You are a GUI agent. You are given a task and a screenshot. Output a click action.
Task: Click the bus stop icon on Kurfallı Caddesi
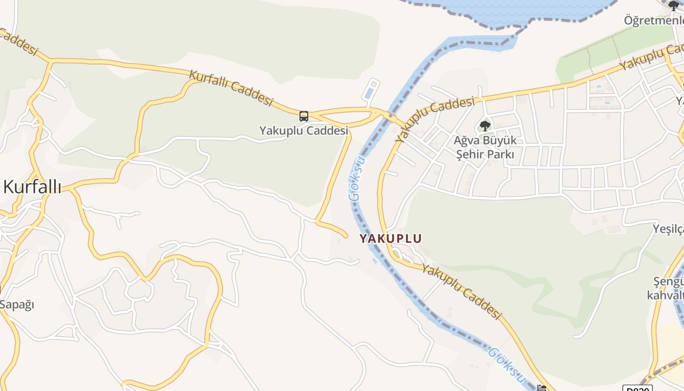[x=304, y=116]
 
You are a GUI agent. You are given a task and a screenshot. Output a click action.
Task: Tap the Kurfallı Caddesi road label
[x=231, y=88]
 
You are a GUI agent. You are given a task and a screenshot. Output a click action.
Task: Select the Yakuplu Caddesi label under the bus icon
[x=303, y=130]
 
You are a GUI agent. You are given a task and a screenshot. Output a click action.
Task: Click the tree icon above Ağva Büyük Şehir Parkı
[x=485, y=126]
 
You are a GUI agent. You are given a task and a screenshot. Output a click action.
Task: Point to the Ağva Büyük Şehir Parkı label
[x=485, y=148]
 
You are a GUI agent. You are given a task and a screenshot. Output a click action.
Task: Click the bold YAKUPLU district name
[x=390, y=239]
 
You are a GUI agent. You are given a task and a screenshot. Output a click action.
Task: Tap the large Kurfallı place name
[x=32, y=187]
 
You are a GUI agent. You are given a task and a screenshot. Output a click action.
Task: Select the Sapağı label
[x=17, y=304]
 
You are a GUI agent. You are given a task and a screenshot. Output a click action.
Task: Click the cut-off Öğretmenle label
[x=654, y=21]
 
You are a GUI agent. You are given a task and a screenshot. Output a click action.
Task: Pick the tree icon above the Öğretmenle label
[x=674, y=6]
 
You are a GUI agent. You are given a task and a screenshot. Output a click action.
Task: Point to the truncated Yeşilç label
[x=668, y=229]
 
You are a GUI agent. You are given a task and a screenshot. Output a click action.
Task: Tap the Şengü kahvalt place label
[x=665, y=289]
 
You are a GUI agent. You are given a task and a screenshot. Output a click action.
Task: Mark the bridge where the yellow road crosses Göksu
[x=389, y=116]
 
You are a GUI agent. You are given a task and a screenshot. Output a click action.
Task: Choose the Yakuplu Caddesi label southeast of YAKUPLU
[x=461, y=292]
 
